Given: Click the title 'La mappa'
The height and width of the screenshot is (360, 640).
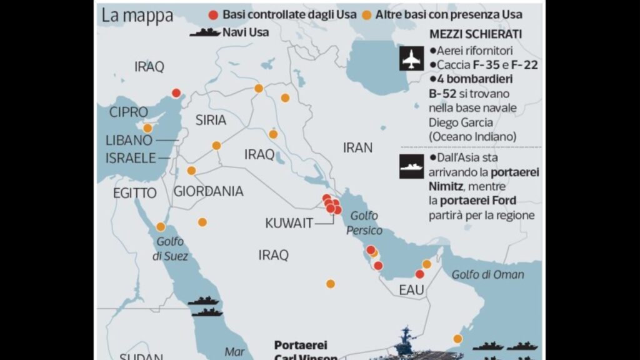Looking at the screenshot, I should click(x=137, y=16).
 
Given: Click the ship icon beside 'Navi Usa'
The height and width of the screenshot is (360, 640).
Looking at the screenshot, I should click(x=204, y=32).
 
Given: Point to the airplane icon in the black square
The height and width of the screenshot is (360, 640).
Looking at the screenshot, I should click(x=411, y=59).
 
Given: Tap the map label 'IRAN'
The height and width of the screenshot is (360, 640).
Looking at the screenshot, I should click(x=357, y=148).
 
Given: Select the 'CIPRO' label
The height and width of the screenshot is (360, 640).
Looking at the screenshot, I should click(x=128, y=112).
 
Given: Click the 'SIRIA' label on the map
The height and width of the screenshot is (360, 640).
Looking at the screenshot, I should click(x=211, y=121).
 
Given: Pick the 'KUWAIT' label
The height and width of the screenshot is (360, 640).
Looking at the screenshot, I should click(x=289, y=223).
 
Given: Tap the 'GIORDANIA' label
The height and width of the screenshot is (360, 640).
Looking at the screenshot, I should click(x=208, y=191).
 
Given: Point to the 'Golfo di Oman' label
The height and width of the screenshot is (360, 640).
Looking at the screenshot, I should click(x=487, y=274).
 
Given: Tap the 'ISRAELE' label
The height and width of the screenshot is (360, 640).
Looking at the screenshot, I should click(x=130, y=157).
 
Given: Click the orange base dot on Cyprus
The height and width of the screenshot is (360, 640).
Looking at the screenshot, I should click(x=147, y=128).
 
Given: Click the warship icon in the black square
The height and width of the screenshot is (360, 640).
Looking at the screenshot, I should click(x=411, y=166).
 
